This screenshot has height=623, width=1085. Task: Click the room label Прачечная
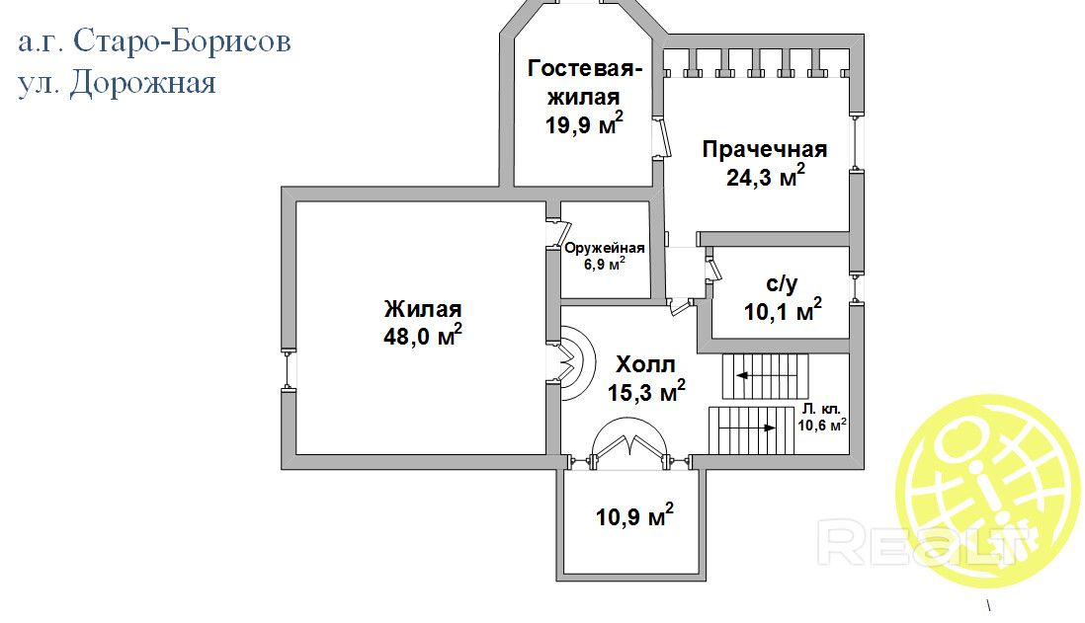(765, 149)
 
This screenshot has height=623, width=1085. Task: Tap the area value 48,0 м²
(423, 336)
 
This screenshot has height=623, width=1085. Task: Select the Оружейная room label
(604, 248)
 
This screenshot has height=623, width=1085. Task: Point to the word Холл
(645, 364)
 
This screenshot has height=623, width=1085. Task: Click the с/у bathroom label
(782, 283)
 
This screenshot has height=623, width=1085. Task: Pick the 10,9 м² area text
(634, 515)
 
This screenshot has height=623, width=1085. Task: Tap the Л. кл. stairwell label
(821, 409)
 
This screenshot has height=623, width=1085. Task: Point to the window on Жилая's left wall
(289, 370)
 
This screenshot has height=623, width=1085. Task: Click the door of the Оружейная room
(557, 234)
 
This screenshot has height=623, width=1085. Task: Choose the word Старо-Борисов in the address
(182, 41)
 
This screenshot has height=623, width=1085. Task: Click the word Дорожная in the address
(143, 84)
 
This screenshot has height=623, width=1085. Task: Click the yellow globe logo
(989, 491)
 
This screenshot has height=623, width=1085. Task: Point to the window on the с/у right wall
(856, 288)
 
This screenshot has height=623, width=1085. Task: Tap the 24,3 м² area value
(765, 177)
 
